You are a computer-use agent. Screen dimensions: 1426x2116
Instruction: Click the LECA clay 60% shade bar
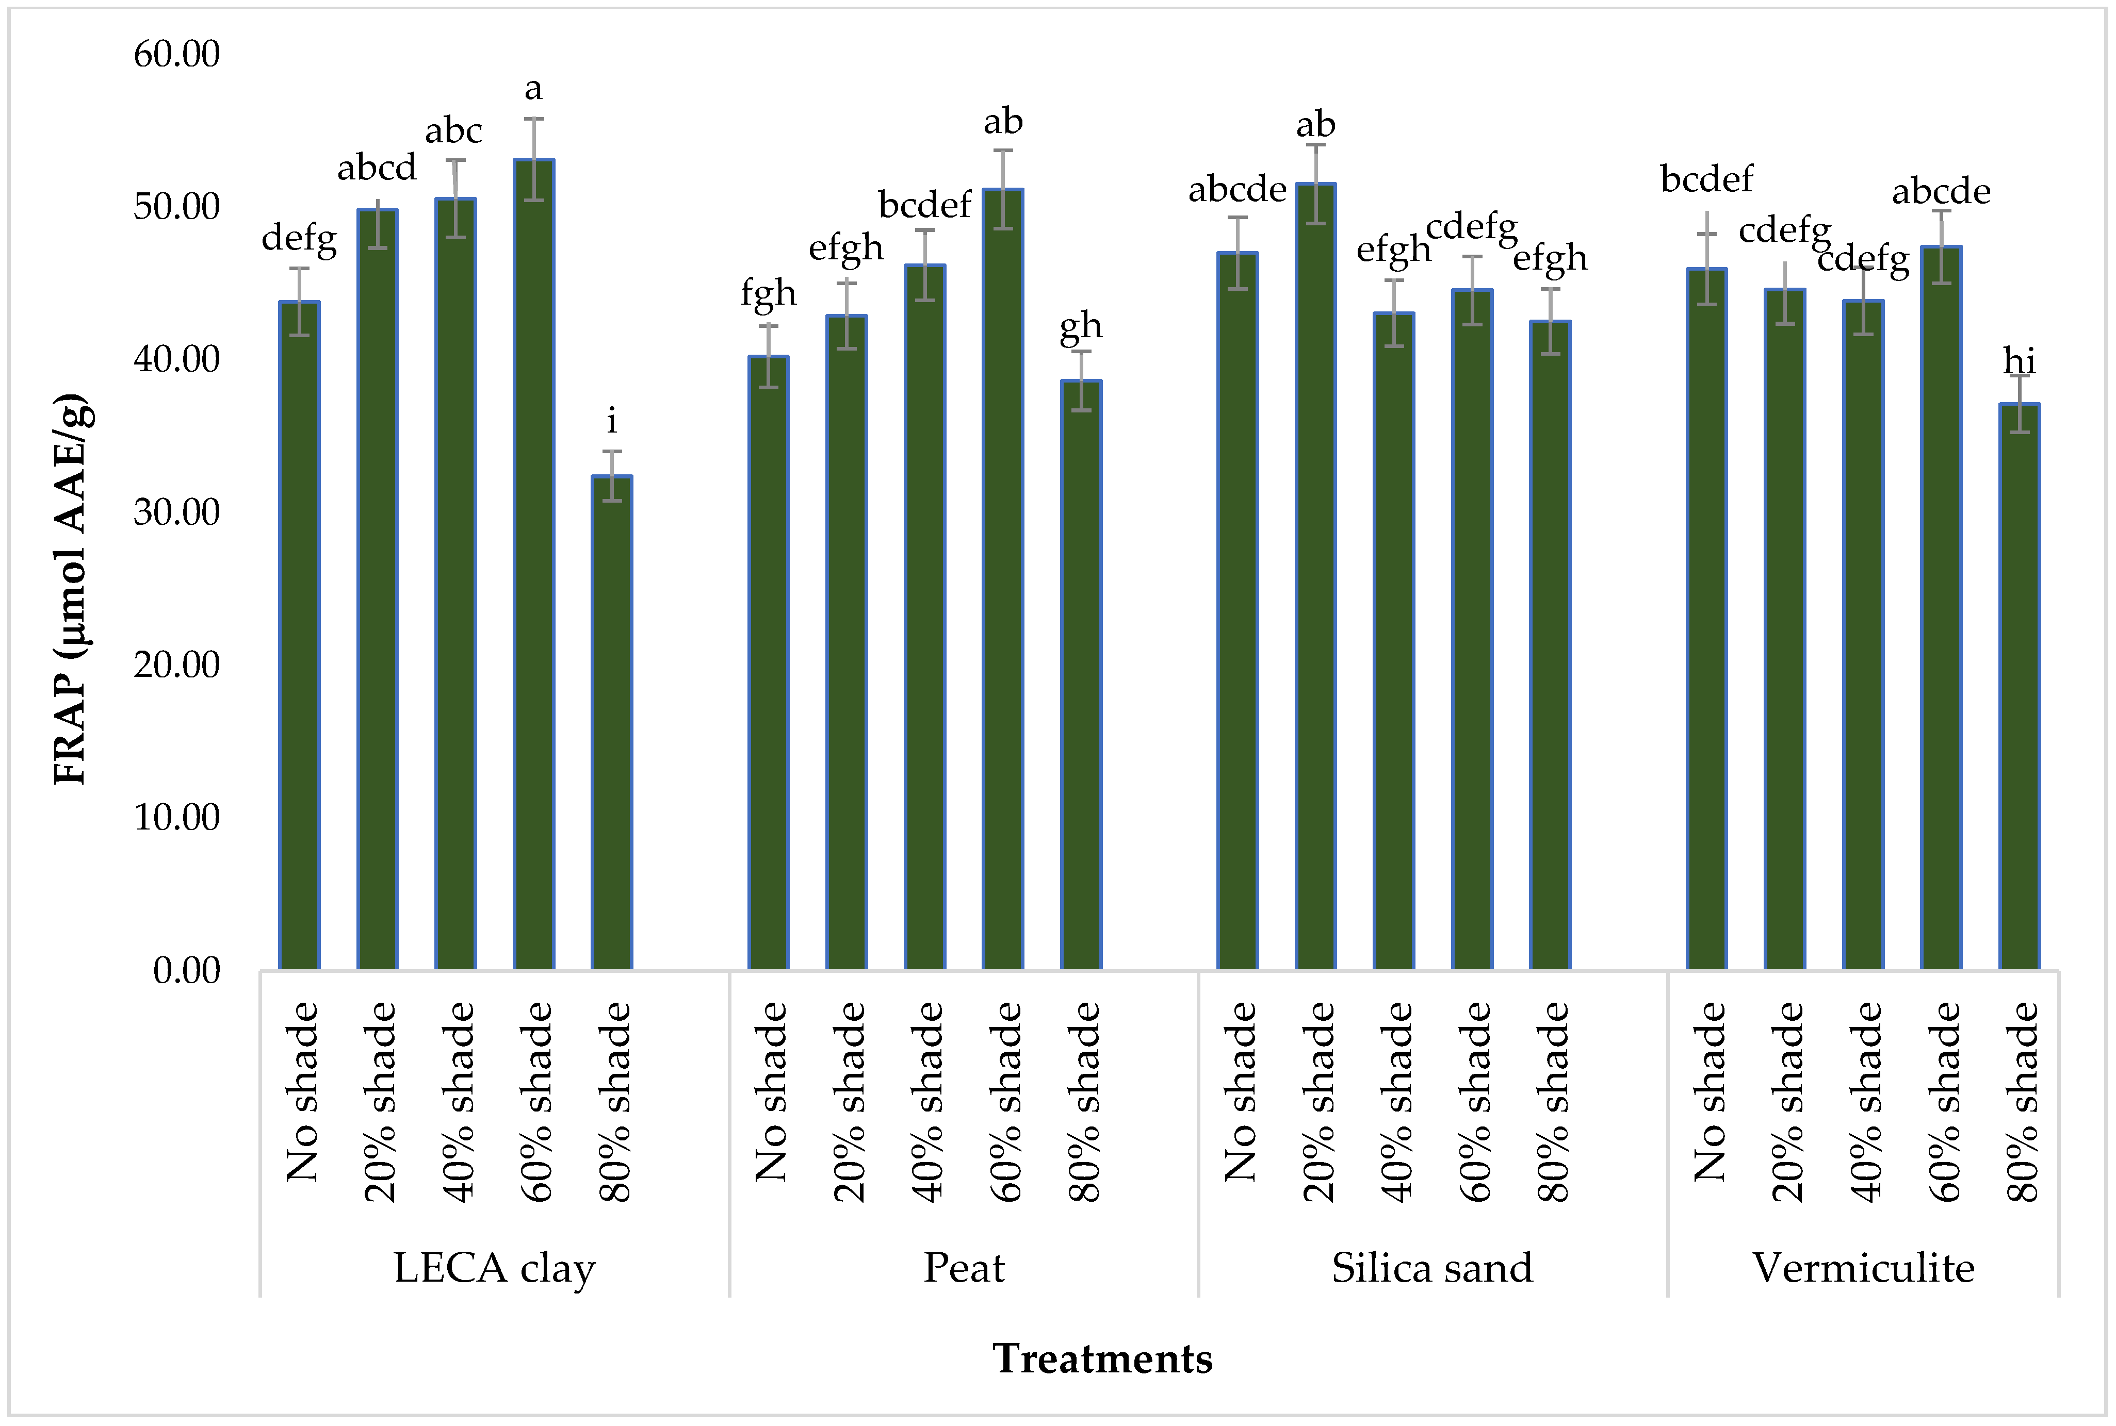point(534,564)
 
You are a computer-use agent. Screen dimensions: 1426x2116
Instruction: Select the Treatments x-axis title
point(1102,1358)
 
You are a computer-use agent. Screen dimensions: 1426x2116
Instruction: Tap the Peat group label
point(964,1268)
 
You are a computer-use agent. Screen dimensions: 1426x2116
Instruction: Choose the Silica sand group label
point(1432,1268)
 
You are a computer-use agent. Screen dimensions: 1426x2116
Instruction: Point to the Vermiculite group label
point(1863,1268)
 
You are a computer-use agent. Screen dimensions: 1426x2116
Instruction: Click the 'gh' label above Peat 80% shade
point(1081,326)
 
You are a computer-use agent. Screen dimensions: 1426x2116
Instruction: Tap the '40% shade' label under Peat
point(926,1102)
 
